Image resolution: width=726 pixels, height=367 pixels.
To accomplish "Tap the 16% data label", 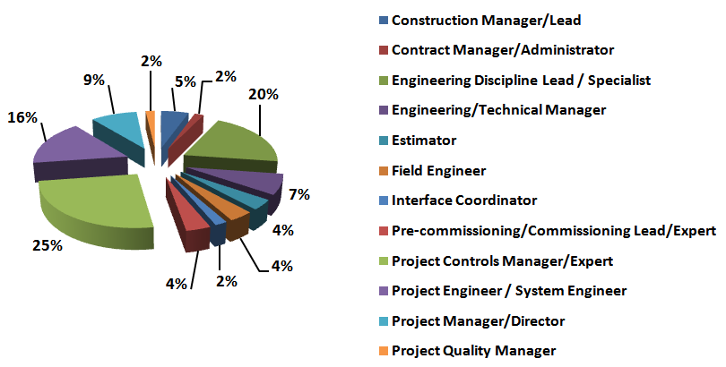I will point(22,117).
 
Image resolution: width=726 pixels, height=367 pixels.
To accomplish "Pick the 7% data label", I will point(298,194).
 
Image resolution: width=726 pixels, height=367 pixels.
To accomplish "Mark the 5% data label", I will point(186,81).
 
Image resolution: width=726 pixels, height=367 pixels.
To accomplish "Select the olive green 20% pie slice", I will point(235,143).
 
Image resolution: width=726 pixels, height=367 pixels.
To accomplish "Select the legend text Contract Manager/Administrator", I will point(503,50).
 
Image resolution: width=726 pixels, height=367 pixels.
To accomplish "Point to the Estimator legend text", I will point(424,141).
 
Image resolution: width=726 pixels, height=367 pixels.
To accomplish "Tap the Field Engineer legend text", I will point(439,170).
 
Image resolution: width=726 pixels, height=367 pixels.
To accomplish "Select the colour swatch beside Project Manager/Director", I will point(384,320).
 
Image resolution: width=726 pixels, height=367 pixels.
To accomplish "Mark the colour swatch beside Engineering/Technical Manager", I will point(384,110).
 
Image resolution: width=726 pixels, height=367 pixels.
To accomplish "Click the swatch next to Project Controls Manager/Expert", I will point(384,260).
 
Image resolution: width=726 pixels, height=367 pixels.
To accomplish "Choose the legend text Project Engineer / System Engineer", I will point(509,290).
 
